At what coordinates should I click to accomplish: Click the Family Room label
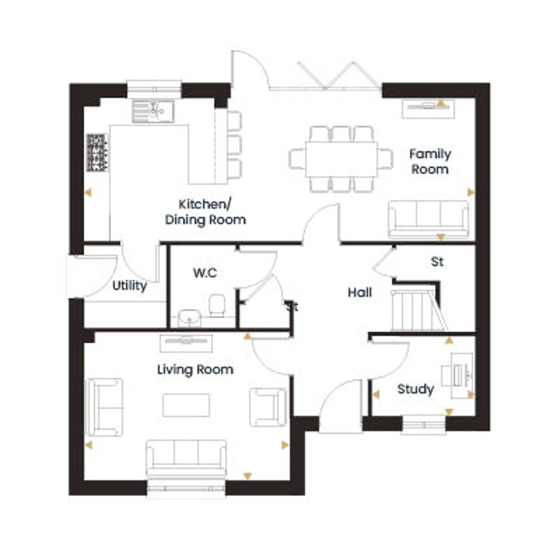click(x=430, y=161)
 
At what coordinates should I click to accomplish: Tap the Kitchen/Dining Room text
click(x=205, y=212)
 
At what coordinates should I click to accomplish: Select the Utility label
click(x=130, y=286)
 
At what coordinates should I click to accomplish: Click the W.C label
click(x=205, y=273)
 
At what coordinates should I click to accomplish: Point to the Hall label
click(x=360, y=292)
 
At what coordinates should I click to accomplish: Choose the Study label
click(x=416, y=389)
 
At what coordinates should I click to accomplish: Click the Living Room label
click(x=195, y=370)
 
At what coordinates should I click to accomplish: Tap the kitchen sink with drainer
click(x=153, y=112)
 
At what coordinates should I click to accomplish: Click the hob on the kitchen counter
click(x=98, y=152)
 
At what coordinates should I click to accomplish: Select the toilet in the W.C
click(x=217, y=305)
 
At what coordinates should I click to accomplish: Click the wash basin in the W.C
click(x=189, y=318)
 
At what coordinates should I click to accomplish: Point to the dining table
click(x=342, y=159)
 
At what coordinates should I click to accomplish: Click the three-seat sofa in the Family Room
click(x=429, y=219)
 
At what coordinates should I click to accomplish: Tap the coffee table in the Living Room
click(x=186, y=405)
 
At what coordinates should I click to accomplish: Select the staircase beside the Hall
click(x=419, y=310)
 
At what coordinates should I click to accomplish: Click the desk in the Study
click(x=462, y=376)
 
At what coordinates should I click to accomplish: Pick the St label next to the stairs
click(x=437, y=262)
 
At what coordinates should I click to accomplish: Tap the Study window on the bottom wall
click(x=424, y=425)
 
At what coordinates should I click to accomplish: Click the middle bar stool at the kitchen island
click(x=235, y=144)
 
